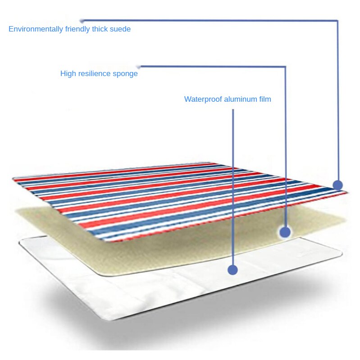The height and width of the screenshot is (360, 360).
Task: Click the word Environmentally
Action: click(x=36, y=29)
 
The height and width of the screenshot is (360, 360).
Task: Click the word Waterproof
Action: click(x=203, y=99)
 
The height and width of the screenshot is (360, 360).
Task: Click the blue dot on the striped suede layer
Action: click(x=338, y=185)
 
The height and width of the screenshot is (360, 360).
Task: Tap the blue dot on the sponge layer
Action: click(x=285, y=232)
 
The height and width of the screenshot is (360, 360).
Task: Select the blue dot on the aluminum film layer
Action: click(x=232, y=270)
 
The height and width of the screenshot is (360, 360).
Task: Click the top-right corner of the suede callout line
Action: click(x=337, y=21)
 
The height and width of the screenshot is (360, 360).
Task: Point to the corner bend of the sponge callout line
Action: click(x=285, y=67)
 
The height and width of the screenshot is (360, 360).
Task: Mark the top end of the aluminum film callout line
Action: click(x=233, y=109)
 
